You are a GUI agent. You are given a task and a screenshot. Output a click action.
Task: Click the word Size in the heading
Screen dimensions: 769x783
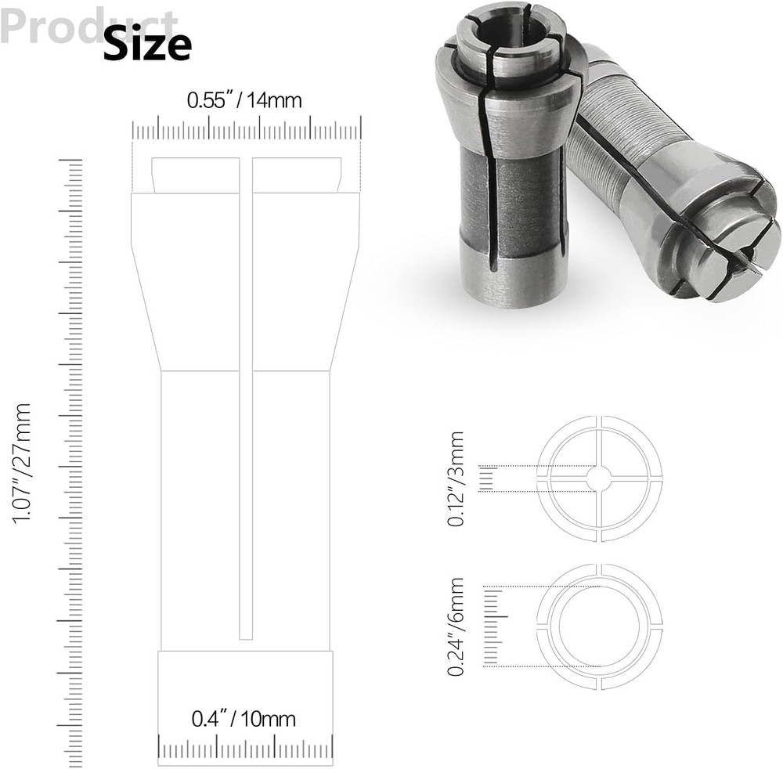pos(147,45)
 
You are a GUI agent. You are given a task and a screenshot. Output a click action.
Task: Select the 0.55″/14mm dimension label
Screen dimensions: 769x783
pos(244,100)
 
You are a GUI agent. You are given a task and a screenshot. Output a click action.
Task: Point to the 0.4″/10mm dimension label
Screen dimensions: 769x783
pos(244,718)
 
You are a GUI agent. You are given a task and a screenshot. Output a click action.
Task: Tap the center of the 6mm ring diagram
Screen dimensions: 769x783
pos(600,626)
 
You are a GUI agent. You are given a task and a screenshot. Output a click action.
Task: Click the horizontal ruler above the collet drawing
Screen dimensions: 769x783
pos(247,130)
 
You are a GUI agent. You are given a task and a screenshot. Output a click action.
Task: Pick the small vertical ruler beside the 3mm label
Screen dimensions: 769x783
pos(486,478)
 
